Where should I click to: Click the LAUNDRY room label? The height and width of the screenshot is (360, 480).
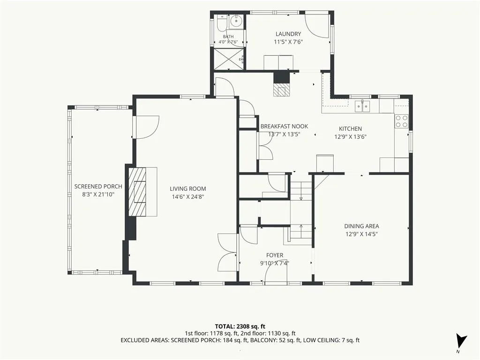click(288, 34)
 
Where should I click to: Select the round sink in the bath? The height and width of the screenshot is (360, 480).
click(236, 22)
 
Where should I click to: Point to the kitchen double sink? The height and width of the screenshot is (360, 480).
click(362, 106)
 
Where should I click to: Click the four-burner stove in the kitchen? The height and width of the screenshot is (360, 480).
click(402, 121)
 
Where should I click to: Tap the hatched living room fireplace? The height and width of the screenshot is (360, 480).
click(137, 192)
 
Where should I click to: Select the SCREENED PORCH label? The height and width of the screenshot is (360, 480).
click(98, 187)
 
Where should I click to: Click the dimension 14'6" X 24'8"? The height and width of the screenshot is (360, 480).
click(188, 197)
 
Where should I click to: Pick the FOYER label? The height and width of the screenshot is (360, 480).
click(275, 255)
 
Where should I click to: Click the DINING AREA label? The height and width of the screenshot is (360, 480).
click(361, 226)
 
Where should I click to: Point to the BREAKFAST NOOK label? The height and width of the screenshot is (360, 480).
click(284, 126)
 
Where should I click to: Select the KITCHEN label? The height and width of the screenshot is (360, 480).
click(350, 129)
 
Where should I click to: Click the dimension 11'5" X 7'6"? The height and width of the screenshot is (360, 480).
click(288, 42)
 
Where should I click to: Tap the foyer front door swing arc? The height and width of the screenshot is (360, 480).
click(271, 267)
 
